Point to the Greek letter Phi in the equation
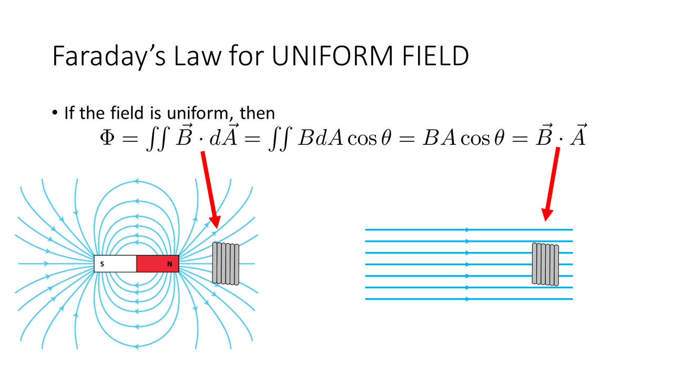(x=107, y=139)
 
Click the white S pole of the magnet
(x=115, y=264)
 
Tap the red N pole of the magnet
(x=158, y=264)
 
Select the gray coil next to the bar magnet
(x=226, y=264)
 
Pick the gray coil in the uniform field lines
(x=545, y=265)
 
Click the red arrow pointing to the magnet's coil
(x=210, y=189)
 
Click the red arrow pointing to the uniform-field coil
(x=552, y=184)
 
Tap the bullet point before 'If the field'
(x=55, y=113)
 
